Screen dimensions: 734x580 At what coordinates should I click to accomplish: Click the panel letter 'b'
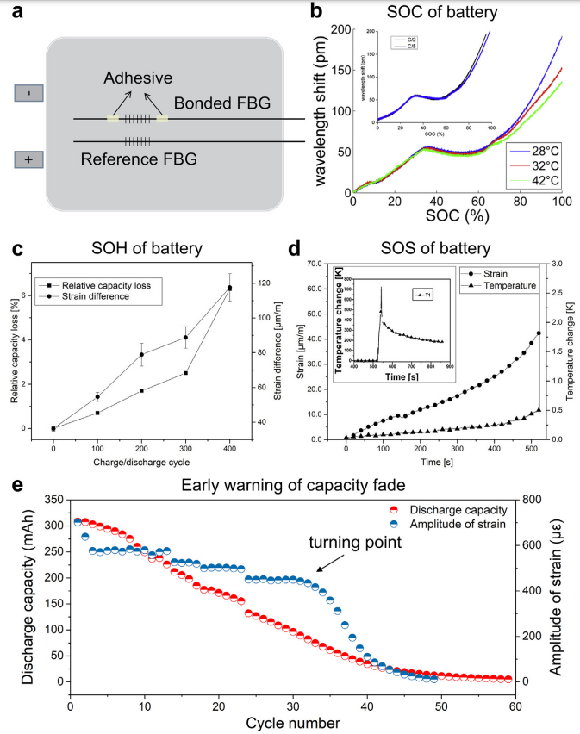[316, 12]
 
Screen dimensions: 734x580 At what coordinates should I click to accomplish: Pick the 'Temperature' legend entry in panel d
[508, 284]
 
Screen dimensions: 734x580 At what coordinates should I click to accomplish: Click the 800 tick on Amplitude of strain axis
[529, 500]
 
